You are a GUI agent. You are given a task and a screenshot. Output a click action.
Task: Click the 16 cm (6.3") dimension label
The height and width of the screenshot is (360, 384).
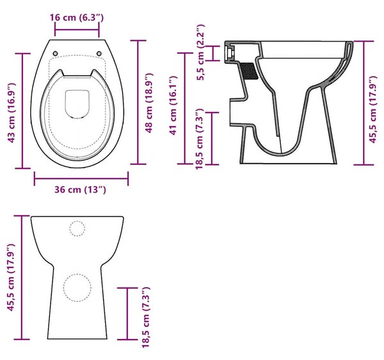pyautogui.click(x=77, y=18)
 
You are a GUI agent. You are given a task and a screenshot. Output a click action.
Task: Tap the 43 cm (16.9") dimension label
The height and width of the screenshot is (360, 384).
pyautogui.click(x=12, y=113)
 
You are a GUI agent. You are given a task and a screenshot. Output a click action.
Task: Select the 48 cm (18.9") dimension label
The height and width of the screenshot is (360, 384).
pyautogui.click(x=149, y=103)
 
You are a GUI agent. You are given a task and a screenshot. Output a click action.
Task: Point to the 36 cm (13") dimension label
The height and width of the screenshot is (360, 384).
pyautogui.click(x=80, y=190)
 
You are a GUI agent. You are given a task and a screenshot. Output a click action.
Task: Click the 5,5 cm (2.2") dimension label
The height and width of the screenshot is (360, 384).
pyautogui.click(x=200, y=52)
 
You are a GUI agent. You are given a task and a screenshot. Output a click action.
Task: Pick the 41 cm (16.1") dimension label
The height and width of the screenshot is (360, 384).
pyautogui.click(x=173, y=106)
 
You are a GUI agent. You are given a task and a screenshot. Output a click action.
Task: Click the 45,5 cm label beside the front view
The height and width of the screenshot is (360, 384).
pyautogui.click(x=12, y=278)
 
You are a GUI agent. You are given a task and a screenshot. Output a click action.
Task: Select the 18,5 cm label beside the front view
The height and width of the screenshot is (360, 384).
pyautogui.click(x=146, y=317)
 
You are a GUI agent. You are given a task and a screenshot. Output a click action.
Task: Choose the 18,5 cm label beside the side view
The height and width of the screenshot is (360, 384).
pyautogui.click(x=199, y=139)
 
